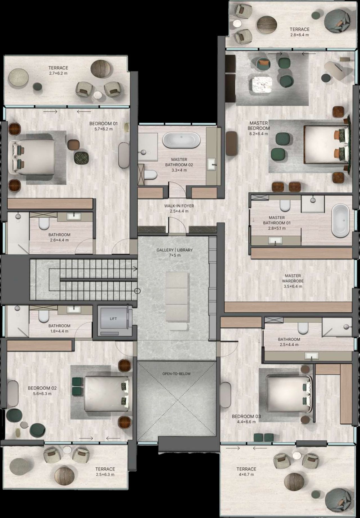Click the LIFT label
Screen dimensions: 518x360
click(x=113, y=319)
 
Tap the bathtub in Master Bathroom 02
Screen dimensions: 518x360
click(x=181, y=140)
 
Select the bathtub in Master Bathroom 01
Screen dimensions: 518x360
click(x=341, y=221)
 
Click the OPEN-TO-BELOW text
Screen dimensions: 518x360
click(x=176, y=374)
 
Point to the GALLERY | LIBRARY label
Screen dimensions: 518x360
click(x=175, y=250)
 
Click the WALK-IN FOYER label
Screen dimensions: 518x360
click(x=179, y=206)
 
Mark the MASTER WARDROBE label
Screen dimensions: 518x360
click(x=292, y=278)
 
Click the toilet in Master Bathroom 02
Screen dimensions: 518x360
click(x=150, y=175)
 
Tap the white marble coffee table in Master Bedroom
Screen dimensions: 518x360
click(x=262, y=85)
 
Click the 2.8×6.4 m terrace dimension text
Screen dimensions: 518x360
click(x=300, y=35)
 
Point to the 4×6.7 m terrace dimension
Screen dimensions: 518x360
click(x=246, y=474)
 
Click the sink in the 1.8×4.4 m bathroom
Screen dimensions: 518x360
click(x=74, y=309)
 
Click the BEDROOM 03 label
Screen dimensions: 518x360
click(x=246, y=416)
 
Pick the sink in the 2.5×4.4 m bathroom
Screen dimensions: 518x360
click(x=312, y=356)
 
